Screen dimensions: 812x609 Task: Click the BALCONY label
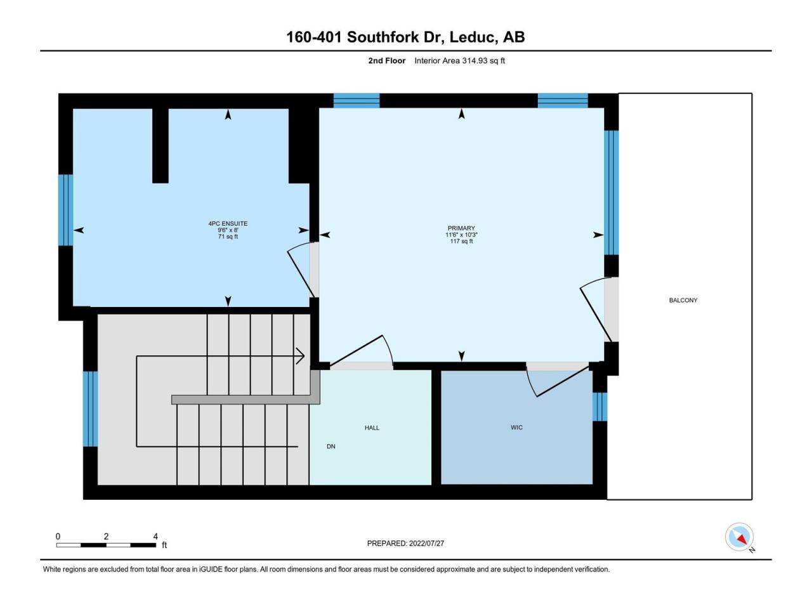683,300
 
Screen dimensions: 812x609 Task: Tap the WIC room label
516,428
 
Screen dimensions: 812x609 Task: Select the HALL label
372,428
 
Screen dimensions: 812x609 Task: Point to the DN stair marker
331,447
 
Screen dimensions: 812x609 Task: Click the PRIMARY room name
461,228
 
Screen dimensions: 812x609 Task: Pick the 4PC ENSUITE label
228,223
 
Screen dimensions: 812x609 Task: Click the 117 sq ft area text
461,241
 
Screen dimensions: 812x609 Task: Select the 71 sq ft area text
228,236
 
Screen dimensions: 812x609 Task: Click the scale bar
106,545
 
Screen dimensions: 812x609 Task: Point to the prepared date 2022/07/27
426,543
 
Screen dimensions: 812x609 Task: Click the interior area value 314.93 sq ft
483,61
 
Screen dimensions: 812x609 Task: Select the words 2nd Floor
386,61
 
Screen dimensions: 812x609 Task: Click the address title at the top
405,37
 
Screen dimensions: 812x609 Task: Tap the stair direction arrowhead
301,356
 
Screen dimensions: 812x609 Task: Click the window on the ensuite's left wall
65,210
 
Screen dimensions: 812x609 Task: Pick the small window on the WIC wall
599,407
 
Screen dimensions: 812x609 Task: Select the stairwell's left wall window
90,409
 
